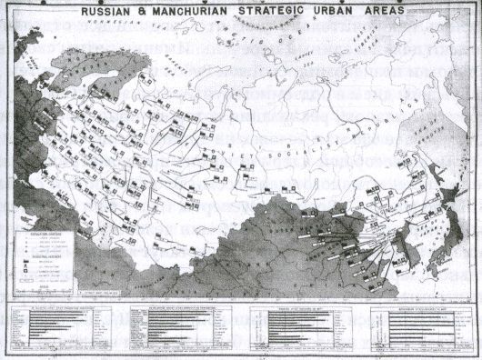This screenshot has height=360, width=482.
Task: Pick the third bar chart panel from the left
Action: [304, 327]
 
